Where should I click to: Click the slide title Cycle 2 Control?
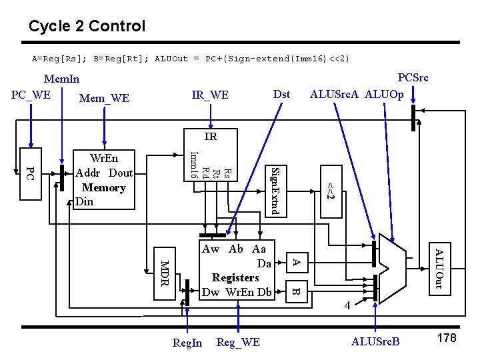(x=87, y=27)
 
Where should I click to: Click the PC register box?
(x=29, y=174)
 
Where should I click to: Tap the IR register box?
(x=210, y=137)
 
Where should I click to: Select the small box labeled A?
(x=298, y=263)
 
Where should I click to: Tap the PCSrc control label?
(x=413, y=77)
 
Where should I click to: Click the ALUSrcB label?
(x=375, y=342)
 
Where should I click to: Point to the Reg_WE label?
(x=238, y=342)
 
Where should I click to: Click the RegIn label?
(x=187, y=343)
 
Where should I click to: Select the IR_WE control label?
(x=210, y=95)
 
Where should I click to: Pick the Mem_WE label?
(x=104, y=99)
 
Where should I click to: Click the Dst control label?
(x=282, y=94)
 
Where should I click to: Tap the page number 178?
(x=446, y=339)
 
